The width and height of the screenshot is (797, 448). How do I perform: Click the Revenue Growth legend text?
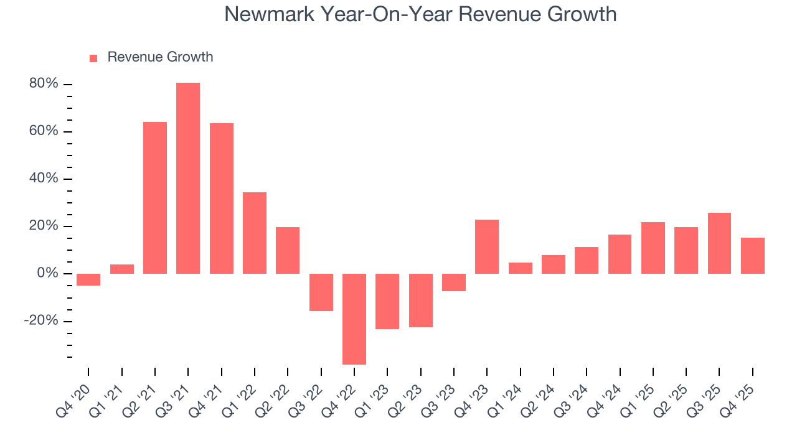160,57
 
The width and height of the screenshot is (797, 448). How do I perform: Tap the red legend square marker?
93,58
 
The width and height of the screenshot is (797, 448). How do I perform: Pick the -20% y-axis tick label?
42,320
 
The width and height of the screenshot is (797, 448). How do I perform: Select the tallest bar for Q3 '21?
188,178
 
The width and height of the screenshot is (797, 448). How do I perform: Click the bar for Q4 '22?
354,319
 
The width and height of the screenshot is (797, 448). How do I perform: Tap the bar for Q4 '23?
487,246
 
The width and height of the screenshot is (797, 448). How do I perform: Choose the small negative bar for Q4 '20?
88,279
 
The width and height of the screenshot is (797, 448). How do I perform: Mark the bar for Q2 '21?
155,197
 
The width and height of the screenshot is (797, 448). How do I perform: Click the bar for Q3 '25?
719,243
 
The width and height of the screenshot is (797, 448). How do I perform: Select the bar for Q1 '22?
255,233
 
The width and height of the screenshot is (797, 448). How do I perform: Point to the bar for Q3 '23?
454,282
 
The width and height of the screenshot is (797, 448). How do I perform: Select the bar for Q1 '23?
387,301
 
